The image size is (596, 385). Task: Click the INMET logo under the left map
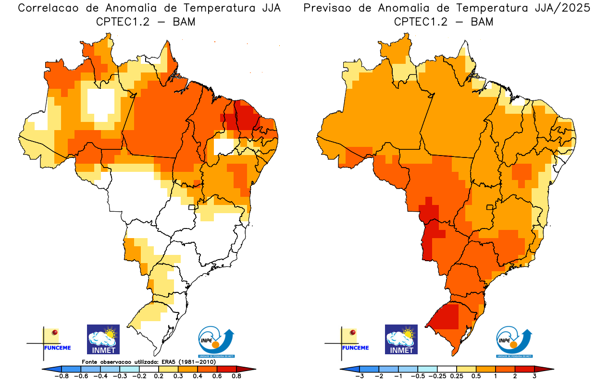click(103, 339)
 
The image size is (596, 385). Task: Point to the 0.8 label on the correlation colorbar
click(236, 376)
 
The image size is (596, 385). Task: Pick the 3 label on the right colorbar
click(534, 376)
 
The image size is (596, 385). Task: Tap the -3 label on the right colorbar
click(359, 376)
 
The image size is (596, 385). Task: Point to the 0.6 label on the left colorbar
click(217, 376)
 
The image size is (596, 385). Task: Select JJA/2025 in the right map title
click(562, 9)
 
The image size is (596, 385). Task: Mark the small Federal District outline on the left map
click(192, 207)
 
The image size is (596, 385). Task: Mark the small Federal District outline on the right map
click(490, 207)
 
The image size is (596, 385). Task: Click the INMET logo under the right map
click(401, 339)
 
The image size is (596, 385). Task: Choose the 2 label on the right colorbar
click(515, 376)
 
